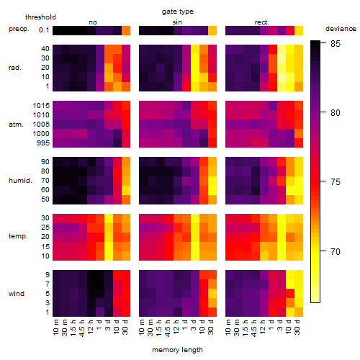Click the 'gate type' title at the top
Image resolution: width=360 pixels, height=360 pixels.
178,12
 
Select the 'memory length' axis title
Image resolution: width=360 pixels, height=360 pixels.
177,350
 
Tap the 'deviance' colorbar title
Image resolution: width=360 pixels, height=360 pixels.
341,29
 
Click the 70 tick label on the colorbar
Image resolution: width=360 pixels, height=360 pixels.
336,252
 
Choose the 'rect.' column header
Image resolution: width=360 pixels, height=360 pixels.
261,22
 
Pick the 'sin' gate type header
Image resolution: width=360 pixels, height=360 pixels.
177,22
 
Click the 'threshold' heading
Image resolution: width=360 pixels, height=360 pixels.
40,17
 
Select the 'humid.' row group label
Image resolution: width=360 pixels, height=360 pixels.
20,180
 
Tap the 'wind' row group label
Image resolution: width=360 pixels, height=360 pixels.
17,294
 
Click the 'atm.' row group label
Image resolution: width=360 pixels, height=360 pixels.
16,125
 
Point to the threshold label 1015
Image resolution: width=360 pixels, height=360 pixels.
41,106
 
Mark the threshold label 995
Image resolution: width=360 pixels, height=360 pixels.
43,143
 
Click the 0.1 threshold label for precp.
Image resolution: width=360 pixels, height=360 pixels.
44,30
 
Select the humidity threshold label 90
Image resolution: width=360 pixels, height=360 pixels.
45,162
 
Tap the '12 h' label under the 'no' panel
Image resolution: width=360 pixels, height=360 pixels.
90,327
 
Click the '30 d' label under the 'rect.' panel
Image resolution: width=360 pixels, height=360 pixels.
297,327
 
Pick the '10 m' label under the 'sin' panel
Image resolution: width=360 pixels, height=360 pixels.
142,328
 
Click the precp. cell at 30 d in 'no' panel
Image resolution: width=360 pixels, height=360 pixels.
126,30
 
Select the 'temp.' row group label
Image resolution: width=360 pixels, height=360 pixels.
18,236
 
